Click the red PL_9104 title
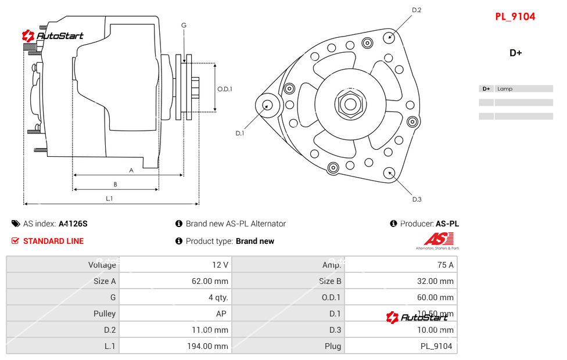pos(515,16)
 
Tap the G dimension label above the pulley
pos(184,25)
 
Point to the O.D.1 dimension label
pos(225,89)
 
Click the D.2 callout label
pos(417,10)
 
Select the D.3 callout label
pos(417,199)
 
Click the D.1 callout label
pos(240,133)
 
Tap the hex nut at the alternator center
pos(349,105)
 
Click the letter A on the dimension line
pos(131,170)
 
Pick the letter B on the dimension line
pos(116,185)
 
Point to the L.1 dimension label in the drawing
pos(109,199)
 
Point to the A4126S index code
pos(73,224)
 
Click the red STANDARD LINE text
pos(53,241)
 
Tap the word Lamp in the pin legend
pos(505,89)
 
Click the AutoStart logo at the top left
pos(53,36)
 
